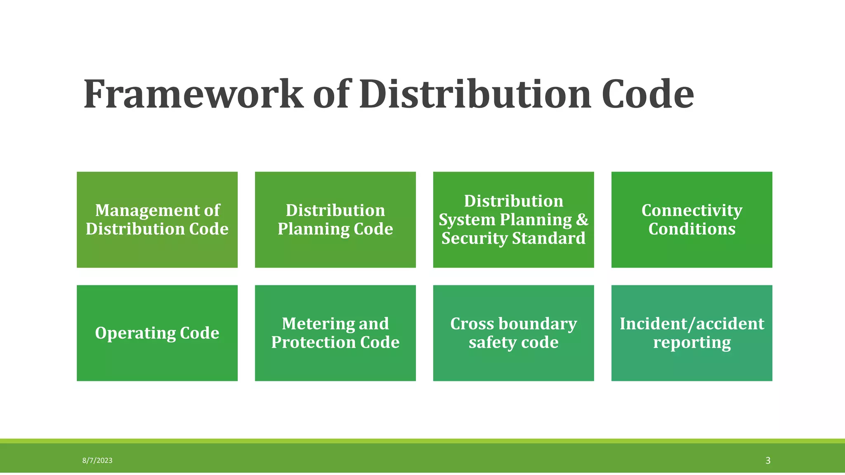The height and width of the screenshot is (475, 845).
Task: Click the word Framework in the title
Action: click(193, 94)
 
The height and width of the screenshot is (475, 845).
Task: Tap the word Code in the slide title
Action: click(647, 94)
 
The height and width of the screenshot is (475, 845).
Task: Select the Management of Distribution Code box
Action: click(157, 220)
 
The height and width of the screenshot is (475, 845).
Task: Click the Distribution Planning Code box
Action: click(335, 220)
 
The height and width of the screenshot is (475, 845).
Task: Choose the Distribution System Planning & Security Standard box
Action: click(514, 220)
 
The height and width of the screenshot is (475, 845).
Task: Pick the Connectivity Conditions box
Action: click(692, 220)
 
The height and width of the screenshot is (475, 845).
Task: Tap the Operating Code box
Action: click(157, 333)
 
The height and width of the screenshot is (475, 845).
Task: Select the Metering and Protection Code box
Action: click(335, 333)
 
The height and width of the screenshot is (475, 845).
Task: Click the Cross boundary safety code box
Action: click(514, 333)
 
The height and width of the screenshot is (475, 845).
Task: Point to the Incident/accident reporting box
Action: click(692, 333)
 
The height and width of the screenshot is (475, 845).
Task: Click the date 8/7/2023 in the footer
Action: click(97, 461)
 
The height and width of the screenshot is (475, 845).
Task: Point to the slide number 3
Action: click(768, 461)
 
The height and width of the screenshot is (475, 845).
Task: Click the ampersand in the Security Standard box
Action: click(582, 219)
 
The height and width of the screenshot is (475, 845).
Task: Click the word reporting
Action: click(692, 343)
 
